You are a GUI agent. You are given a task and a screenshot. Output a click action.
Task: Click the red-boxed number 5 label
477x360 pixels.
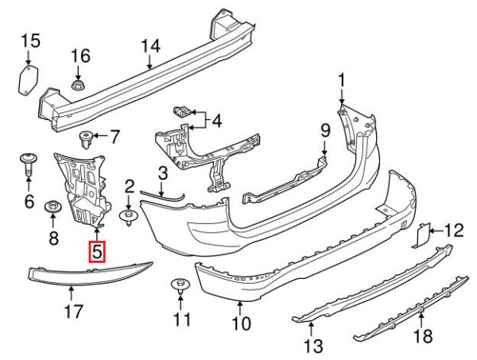96,252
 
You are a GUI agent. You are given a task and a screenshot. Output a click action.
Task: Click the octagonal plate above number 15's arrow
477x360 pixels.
29,80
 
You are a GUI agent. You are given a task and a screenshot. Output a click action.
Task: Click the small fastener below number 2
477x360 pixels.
127,215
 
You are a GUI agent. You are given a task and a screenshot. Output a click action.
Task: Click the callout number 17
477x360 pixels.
73,312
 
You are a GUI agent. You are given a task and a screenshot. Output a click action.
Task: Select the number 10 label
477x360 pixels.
241,323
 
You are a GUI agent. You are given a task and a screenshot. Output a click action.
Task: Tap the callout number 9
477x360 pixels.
324,129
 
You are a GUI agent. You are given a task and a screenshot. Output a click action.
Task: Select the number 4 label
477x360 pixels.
217,122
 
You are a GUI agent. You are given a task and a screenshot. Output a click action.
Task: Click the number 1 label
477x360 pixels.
342,80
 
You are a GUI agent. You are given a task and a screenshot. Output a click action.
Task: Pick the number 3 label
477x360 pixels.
161,172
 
